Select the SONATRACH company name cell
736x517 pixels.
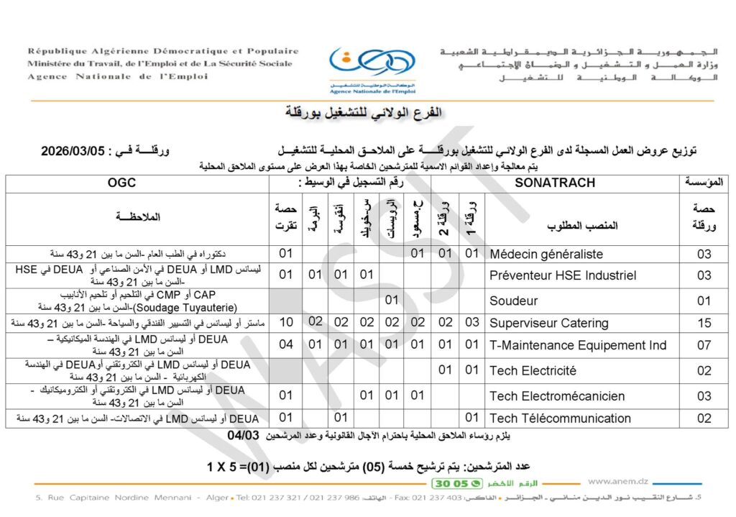[x=555, y=183]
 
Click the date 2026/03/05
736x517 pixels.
[x=75, y=152]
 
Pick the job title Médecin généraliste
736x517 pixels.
[x=546, y=254]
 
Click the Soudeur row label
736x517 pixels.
[x=513, y=300]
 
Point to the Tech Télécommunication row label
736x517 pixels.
[x=560, y=418]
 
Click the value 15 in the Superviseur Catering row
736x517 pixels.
[x=704, y=323]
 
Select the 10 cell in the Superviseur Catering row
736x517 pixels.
[x=285, y=323]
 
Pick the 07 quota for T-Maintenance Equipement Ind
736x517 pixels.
[x=704, y=346]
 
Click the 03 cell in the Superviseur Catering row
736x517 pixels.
[x=471, y=323]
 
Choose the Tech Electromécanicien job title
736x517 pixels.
[x=557, y=395]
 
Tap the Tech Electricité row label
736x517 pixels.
[x=533, y=370]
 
